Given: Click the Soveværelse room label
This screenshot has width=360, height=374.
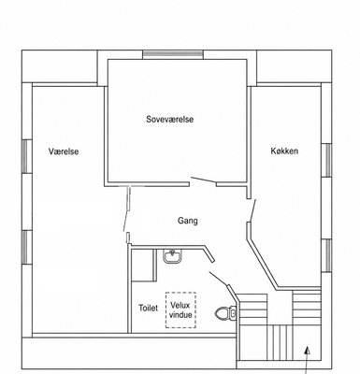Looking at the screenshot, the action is [x=170, y=119].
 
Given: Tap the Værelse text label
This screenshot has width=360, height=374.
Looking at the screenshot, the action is [x=64, y=151].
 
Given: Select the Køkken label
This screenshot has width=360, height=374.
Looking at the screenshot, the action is [x=284, y=151].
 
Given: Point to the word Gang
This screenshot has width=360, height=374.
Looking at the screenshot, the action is [x=188, y=221].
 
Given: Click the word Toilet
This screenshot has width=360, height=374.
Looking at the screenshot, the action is [x=149, y=308].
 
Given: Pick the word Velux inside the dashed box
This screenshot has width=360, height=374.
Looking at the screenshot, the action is [x=180, y=306].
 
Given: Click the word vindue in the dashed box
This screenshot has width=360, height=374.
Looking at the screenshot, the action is [x=180, y=314].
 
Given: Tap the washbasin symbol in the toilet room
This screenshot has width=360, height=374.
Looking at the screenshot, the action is [x=172, y=256].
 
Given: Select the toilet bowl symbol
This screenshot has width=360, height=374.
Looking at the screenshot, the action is [x=226, y=312].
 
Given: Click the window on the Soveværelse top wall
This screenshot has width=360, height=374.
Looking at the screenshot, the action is [x=173, y=54].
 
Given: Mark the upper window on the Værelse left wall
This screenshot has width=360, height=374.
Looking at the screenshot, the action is [x=27, y=156].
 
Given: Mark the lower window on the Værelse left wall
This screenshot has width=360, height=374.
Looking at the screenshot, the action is [x=27, y=248].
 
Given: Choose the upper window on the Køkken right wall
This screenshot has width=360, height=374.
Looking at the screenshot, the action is [x=326, y=160].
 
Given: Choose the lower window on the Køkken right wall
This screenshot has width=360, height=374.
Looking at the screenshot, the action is [x=326, y=255].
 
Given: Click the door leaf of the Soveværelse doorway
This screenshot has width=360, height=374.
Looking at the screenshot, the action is [x=204, y=180].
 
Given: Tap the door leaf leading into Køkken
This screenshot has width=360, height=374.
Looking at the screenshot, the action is [x=252, y=211].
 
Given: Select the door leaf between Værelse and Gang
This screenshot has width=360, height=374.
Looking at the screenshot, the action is [x=127, y=209].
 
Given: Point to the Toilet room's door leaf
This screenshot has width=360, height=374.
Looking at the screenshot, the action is [x=219, y=279].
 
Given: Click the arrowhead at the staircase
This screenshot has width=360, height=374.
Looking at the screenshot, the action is [x=308, y=352].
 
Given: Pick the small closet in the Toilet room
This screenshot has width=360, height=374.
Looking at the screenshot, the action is [x=144, y=266].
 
